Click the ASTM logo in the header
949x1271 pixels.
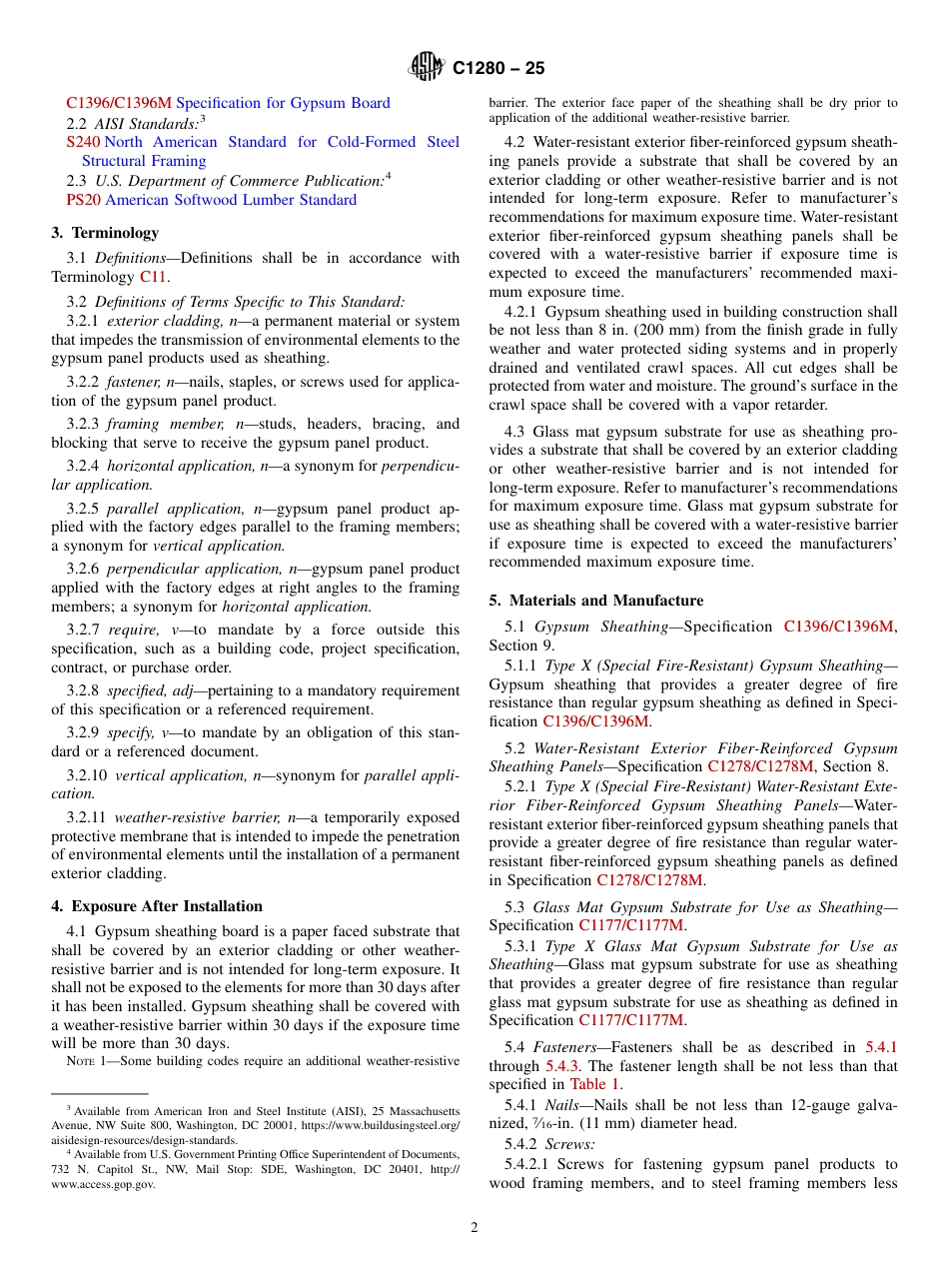[427, 68]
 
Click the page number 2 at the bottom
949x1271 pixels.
[474, 1228]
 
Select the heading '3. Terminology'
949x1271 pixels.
[105, 233]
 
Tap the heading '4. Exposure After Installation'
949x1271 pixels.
[157, 906]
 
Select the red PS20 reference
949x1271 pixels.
[83, 200]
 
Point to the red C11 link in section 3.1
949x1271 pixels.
[154, 277]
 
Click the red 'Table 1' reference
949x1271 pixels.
[595, 1084]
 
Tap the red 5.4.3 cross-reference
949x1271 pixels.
[563, 1066]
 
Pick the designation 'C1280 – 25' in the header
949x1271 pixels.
[498, 69]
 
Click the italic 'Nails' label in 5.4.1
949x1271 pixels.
[562, 1105]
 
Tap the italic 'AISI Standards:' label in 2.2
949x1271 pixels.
[146, 124]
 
